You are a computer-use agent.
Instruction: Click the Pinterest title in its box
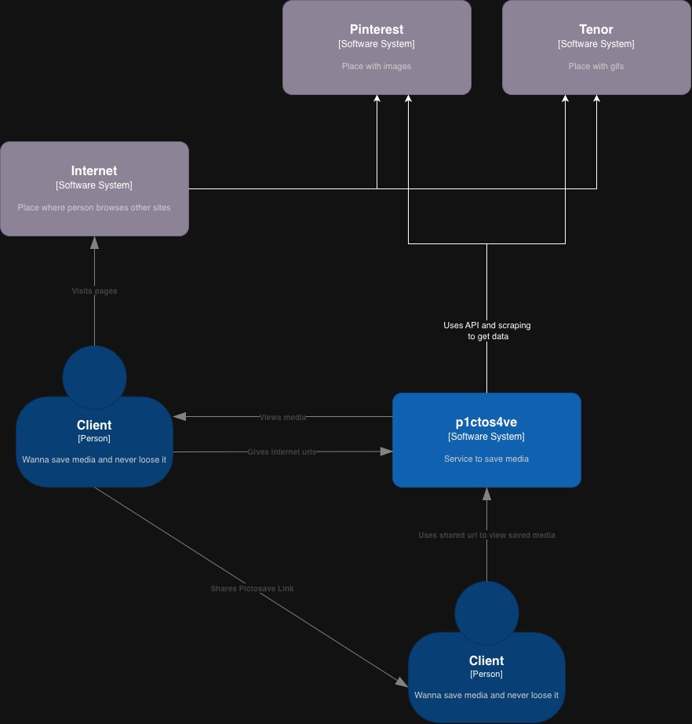coord(377,30)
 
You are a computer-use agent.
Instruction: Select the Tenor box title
coord(596,30)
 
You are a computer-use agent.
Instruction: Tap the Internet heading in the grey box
coord(94,171)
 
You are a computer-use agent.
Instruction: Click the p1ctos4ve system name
coord(486,422)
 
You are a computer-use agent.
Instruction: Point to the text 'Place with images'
coord(377,66)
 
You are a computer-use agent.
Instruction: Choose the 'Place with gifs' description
coord(596,66)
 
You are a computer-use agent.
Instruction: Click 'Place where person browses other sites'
coord(94,207)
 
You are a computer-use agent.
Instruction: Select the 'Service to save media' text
coord(486,459)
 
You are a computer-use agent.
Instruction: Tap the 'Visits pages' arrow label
coord(94,291)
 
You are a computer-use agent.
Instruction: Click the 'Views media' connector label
coord(282,417)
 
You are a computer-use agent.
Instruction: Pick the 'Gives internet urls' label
coord(282,452)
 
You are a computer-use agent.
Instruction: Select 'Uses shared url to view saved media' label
coord(486,535)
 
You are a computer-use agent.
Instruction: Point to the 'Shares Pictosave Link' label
coord(252,588)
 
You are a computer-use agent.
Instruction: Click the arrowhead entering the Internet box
coord(94,242)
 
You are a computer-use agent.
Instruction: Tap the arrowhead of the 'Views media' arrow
coord(180,416)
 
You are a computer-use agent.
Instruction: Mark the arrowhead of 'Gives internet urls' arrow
coord(386,452)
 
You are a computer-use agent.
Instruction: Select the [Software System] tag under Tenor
coord(596,44)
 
